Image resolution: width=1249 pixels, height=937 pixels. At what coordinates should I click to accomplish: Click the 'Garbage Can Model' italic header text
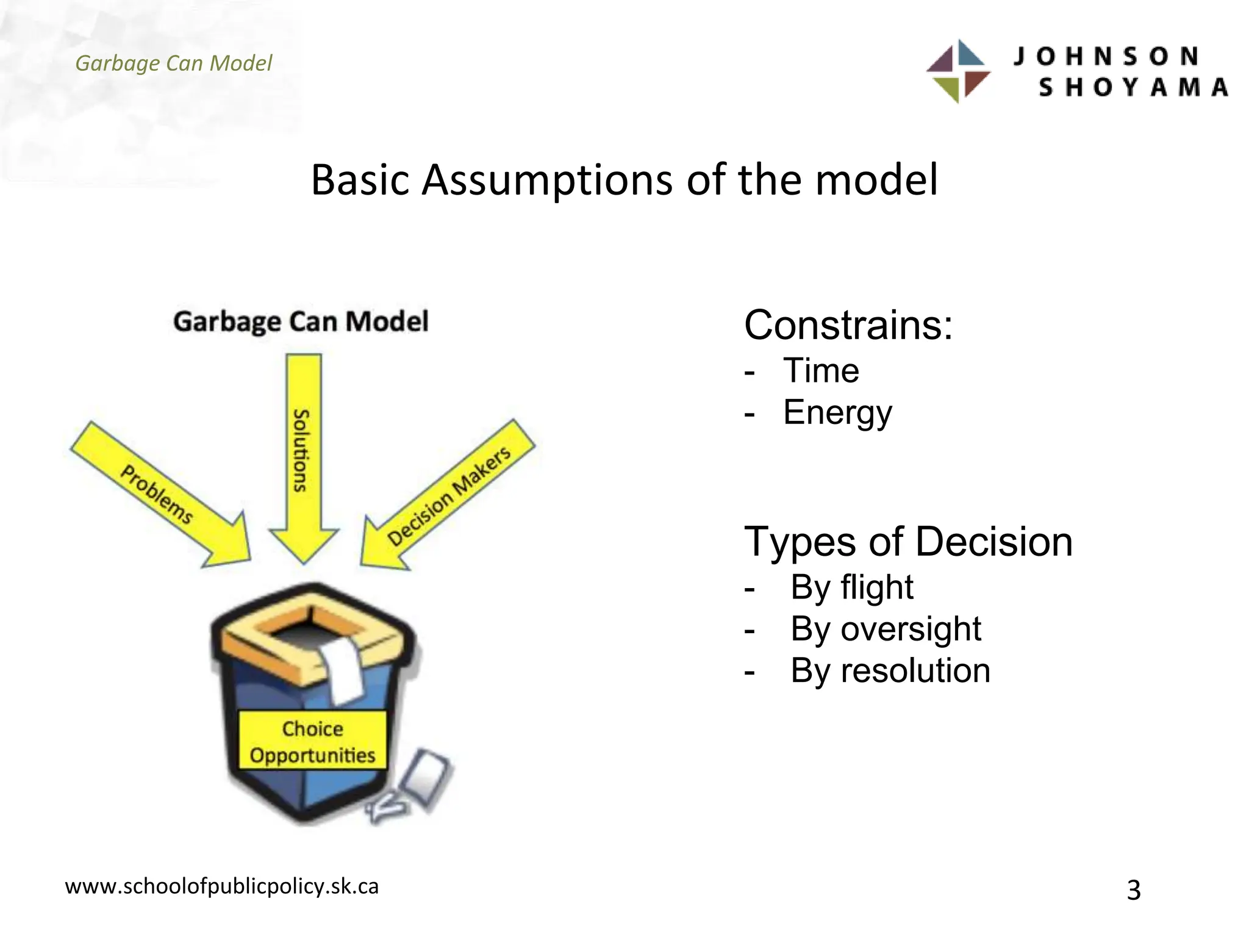174,63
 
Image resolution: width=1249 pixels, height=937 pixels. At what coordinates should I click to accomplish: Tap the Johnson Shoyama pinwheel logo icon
958,71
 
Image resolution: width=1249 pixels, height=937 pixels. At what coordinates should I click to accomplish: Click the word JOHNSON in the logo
1106,57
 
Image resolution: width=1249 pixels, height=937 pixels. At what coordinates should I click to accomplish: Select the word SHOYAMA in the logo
1133,88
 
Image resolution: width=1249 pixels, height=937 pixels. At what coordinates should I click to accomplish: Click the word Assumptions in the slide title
547,180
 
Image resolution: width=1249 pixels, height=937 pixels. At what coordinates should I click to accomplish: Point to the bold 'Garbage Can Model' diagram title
301,321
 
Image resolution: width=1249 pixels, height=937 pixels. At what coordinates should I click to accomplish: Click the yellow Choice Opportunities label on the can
312,741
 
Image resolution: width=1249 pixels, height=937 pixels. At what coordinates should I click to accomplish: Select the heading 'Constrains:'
848,325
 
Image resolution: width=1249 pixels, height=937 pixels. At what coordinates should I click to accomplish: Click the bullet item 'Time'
821,371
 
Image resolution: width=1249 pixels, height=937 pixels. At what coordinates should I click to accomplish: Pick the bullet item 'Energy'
837,413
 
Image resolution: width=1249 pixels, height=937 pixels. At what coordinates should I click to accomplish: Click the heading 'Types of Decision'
908,542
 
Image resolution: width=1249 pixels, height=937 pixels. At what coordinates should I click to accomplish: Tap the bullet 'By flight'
851,587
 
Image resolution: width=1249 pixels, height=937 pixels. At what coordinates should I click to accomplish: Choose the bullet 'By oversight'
886,629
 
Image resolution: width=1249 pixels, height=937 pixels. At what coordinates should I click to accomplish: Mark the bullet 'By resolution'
890,671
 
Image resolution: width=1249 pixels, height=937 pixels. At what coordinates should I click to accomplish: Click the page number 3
1133,890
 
